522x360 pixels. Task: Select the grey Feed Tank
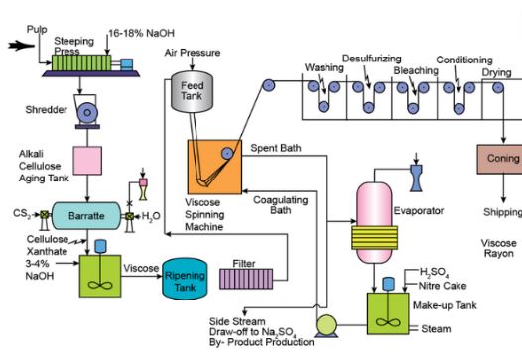point(192,93)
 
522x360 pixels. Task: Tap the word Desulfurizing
point(371,59)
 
